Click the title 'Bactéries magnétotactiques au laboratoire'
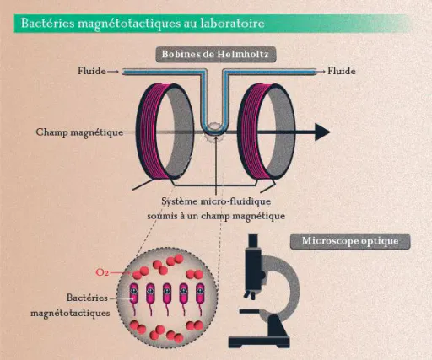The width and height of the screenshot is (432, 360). pyautogui.click(x=143, y=24)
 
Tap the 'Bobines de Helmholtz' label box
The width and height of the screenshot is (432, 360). pyautogui.click(x=216, y=54)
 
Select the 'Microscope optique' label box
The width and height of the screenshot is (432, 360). pyautogui.click(x=350, y=241)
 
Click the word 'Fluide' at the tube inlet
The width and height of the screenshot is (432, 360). pyautogui.click(x=92, y=71)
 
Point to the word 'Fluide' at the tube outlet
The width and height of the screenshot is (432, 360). pyautogui.click(x=342, y=71)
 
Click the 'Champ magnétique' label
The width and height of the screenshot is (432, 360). pyautogui.click(x=79, y=132)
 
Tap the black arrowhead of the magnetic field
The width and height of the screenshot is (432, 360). pyautogui.click(x=322, y=132)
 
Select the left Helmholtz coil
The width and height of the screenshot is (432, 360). pyautogui.click(x=165, y=132)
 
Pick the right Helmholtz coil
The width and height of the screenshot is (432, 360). pyautogui.click(x=267, y=132)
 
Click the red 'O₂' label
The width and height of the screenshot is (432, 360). pyautogui.click(x=102, y=272)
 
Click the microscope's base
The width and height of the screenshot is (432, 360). pyautogui.click(x=259, y=342)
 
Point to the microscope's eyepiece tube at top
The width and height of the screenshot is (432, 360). pyautogui.click(x=253, y=241)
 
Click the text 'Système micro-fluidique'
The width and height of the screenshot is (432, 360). pyautogui.click(x=216, y=201)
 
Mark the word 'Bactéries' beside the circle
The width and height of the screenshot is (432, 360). pyautogui.click(x=87, y=298)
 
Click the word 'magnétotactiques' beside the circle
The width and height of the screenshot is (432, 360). pyautogui.click(x=70, y=314)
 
